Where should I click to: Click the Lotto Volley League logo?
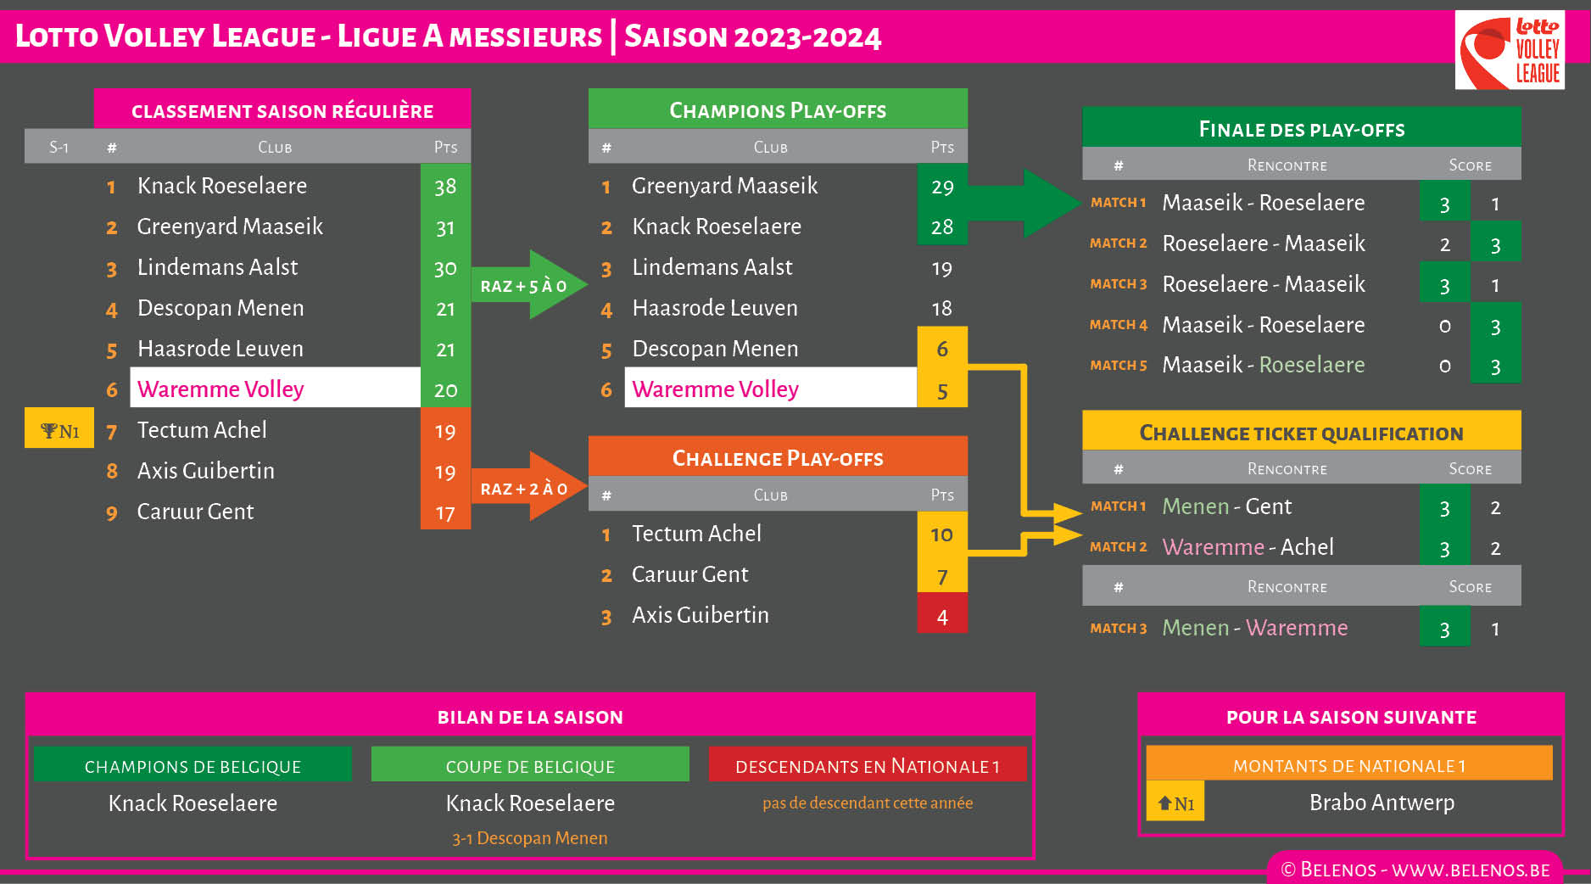(x=1510, y=50)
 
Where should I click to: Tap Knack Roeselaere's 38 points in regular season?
(x=445, y=186)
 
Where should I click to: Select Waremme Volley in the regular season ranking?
(x=221, y=389)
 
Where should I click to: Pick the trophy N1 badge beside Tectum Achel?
(x=59, y=430)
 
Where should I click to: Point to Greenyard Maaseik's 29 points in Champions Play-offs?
(x=942, y=187)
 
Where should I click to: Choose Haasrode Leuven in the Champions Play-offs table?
(x=715, y=308)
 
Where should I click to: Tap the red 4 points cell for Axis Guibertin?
(x=942, y=616)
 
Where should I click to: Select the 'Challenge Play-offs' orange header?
(x=778, y=458)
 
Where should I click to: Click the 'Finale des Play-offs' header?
(x=1301, y=129)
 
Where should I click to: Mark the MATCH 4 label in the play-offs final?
(x=1119, y=325)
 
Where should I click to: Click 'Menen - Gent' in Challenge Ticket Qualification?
(x=1226, y=506)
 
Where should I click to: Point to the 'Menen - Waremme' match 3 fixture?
(x=1254, y=628)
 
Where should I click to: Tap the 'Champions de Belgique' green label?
(x=193, y=766)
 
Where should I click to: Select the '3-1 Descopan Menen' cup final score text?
(x=529, y=838)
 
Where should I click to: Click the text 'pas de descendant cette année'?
(x=867, y=803)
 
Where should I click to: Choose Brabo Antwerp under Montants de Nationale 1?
(x=1382, y=802)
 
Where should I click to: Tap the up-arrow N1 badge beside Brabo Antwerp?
(x=1175, y=803)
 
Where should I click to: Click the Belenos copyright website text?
(x=1415, y=870)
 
